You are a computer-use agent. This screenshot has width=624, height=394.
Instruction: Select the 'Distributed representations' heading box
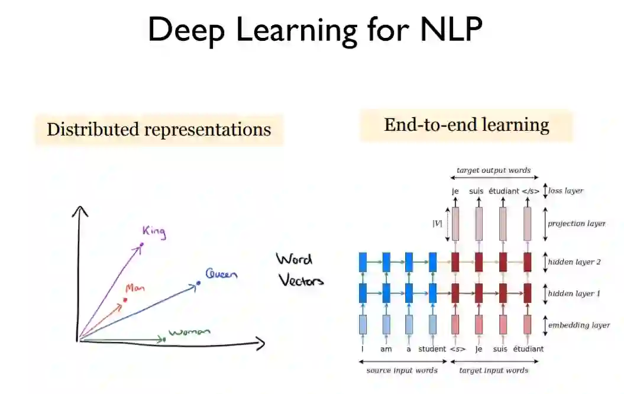pyautogui.click(x=159, y=130)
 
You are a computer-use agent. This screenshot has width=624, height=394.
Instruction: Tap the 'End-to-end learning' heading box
pyautogui.click(x=466, y=125)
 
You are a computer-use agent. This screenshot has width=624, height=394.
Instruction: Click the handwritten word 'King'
pyautogui.click(x=154, y=232)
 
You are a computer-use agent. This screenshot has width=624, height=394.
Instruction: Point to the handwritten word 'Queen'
pyautogui.click(x=221, y=274)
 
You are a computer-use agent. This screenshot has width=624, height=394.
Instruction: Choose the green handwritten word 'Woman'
pyautogui.click(x=189, y=332)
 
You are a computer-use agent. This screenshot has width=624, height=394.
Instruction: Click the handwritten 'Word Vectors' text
pyautogui.click(x=300, y=270)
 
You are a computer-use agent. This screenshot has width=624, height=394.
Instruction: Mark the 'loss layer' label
pyautogui.click(x=565, y=190)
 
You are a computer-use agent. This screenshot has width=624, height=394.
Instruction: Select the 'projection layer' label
pyautogui.click(x=577, y=224)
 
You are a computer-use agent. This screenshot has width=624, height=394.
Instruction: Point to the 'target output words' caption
pyautogui.click(x=493, y=170)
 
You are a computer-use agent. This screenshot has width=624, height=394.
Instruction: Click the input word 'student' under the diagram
pyautogui.click(x=432, y=349)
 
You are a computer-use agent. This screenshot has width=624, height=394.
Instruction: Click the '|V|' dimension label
pyautogui.click(x=438, y=223)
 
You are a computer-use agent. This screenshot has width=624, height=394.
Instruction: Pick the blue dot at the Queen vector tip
pyautogui.click(x=198, y=283)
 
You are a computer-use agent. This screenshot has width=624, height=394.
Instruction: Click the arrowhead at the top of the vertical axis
pyautogui.click(x=80, y=211)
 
